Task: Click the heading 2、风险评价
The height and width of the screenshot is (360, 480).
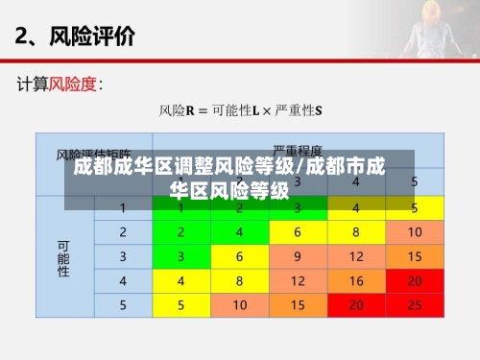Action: click(x=75, y=38)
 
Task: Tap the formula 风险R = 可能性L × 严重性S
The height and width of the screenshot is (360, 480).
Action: click(x=240, y=110)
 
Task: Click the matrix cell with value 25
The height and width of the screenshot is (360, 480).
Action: click(x=415, y=304)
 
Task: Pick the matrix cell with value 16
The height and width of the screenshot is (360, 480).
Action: click(x=356, y=280)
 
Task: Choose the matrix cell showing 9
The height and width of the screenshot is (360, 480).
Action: click(x=298, y=256)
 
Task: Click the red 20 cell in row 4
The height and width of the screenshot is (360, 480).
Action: click(x=415, y=280)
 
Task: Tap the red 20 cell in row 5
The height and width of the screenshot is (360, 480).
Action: click(x=356, y=304)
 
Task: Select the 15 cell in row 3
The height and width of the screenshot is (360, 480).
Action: click(x=415, y=256)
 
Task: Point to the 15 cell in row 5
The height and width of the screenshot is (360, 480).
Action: click(x=298, y=304)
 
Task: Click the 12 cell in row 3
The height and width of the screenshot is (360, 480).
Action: click(x=356, y=256)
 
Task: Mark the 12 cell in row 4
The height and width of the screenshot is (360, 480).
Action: click(x=298, y=280)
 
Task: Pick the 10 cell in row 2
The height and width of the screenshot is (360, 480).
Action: click(x=415, y=232)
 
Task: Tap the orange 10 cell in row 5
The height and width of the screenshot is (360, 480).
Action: click(x=240, y=304)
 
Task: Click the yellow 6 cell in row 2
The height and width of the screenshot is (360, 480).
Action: click(x=298, y=232)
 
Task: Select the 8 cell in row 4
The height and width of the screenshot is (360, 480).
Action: click(x=240, y=280)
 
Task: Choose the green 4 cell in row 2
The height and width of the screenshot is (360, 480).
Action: click(x=240, y=232)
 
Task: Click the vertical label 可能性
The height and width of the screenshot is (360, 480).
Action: click(x=63, y=256)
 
